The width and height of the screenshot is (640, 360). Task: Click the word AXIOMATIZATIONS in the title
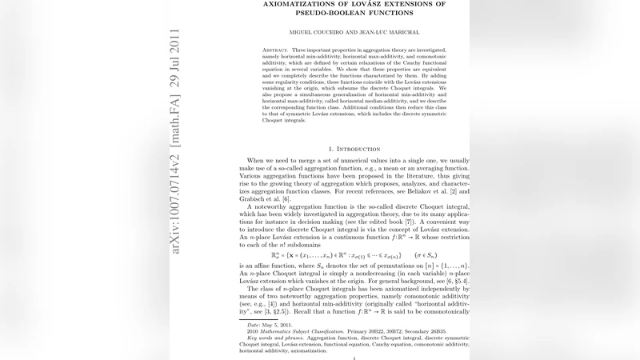[302, 4]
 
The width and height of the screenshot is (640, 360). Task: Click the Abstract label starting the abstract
[277, 50]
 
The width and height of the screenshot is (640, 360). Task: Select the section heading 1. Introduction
[354, 149]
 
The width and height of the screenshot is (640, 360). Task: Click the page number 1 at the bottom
[354, 358]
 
